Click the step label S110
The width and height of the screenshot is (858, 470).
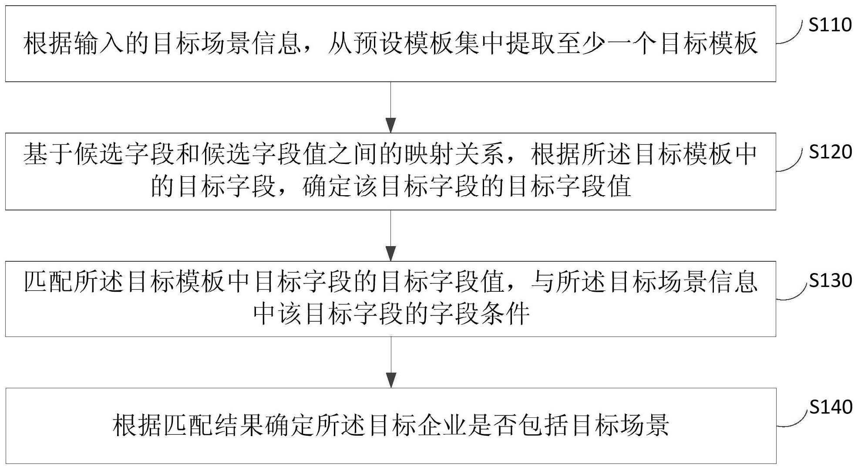tap(830, 25)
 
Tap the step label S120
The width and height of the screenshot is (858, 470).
tap(830, 152)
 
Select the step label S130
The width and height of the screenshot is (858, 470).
tap(830, 280)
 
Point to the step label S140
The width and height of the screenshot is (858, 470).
tap(830, 407)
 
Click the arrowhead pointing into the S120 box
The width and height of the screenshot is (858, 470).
tap(391, 125)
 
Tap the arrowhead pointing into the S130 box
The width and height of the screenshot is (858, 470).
tap(391, 253)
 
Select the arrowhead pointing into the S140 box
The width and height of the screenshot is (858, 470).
tap(391, 380)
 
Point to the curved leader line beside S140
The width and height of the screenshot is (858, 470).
tap(791, 420)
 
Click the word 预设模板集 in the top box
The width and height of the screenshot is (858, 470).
tap(415, 44)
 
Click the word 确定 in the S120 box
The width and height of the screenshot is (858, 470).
tap(327, 187)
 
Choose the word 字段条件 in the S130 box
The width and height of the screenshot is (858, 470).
tap(479, 314)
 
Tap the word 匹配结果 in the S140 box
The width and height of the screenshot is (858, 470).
tap(214, 425)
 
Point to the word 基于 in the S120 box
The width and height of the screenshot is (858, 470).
tap(48, 155)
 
